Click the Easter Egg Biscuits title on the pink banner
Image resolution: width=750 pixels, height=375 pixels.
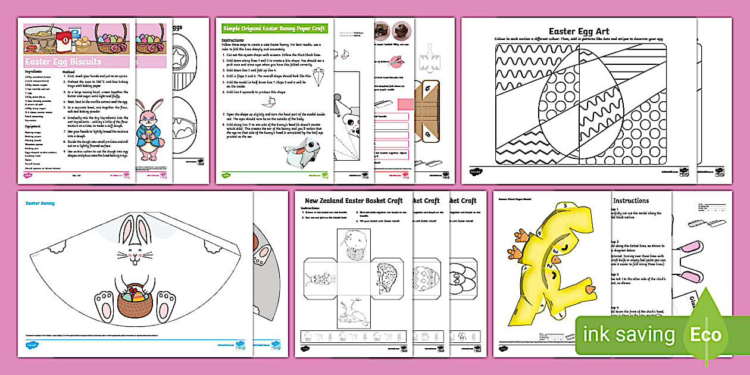click(63, 61)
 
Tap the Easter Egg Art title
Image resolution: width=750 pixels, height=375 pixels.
click(579, 31)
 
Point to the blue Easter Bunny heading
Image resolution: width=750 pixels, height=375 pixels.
click(40, 204)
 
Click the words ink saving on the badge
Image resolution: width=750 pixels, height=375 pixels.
click(629, 335)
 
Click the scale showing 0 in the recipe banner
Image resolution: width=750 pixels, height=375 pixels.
click(65, 42)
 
